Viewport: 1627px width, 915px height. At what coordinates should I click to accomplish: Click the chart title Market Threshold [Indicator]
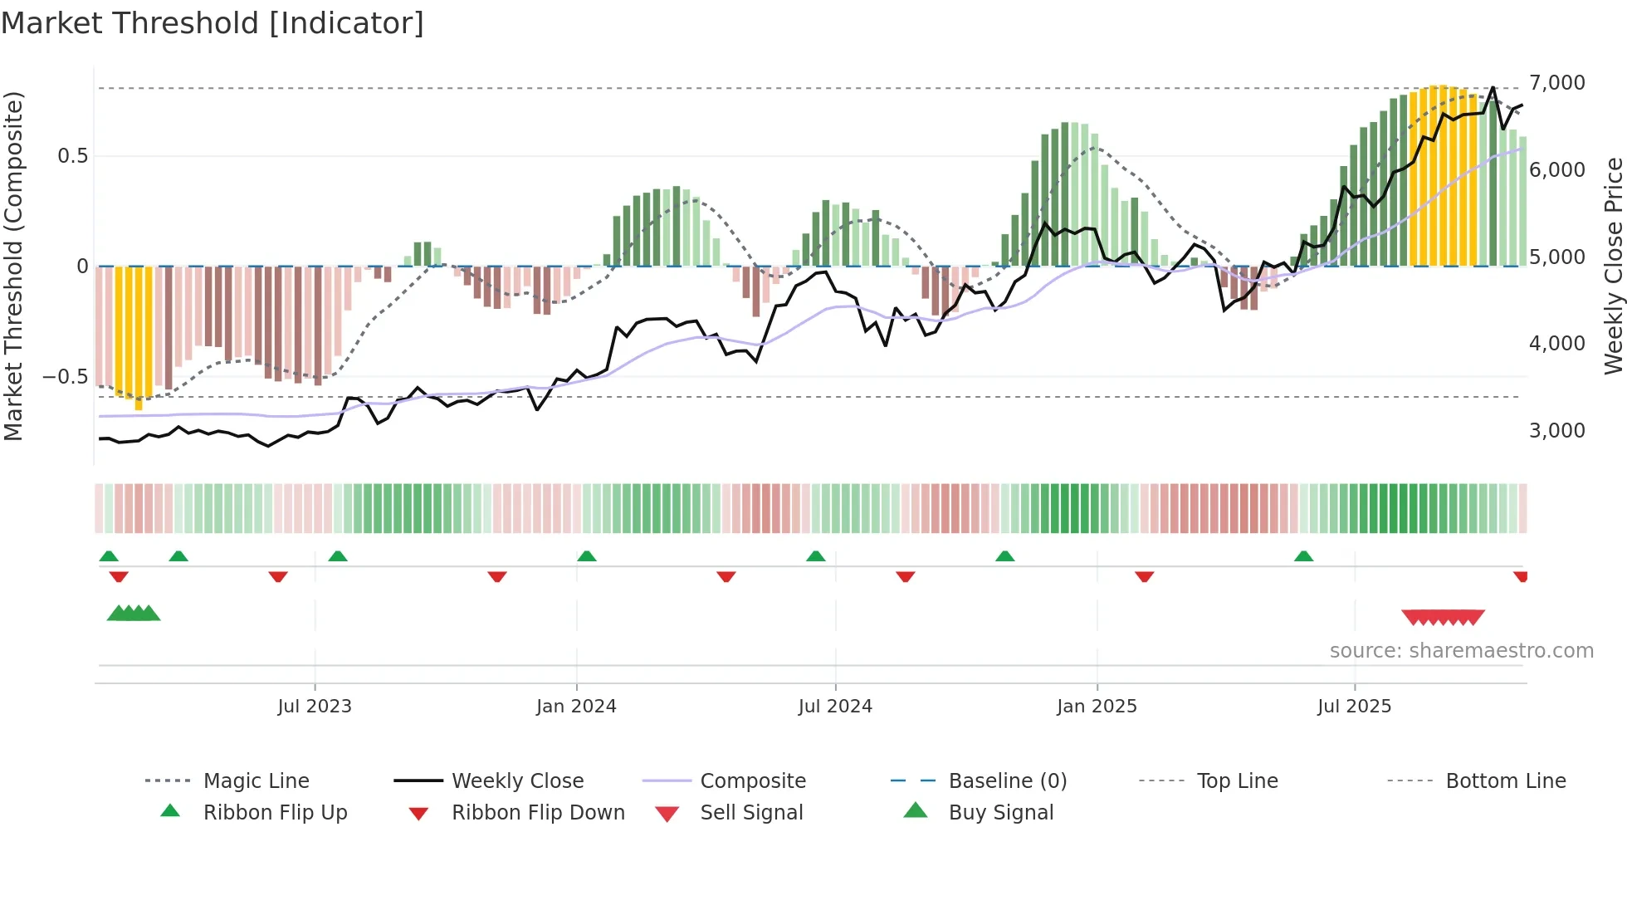coord(213,23)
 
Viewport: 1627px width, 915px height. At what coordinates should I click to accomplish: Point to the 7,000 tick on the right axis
coord(1556,83)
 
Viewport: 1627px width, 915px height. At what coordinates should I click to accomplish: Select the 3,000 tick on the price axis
coord(1556,431)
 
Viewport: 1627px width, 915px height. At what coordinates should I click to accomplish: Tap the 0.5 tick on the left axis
coord(72,156)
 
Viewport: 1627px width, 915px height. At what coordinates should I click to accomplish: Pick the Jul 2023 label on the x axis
coord(315,707)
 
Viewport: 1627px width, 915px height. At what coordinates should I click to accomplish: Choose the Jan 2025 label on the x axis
coord(1097,707)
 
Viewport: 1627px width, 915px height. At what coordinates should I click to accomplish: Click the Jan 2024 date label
coord(576,707)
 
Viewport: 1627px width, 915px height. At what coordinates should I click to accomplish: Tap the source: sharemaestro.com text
coord(1461,651)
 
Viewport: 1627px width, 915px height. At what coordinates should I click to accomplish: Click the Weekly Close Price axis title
coord(1613,266)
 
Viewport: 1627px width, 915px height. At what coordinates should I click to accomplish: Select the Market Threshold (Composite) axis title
coord(13,266)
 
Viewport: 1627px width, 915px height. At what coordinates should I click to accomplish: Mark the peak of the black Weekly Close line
coord(1493,87)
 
